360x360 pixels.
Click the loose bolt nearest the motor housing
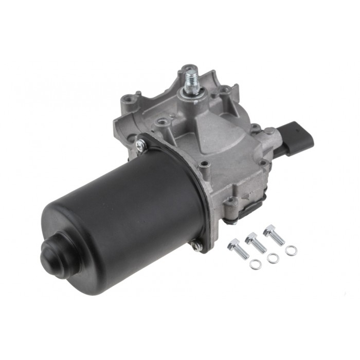238,248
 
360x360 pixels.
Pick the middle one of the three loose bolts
256,243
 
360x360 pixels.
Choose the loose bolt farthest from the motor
274,235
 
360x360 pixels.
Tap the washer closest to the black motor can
255,264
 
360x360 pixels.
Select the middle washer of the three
273,258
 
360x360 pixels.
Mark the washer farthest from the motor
291,250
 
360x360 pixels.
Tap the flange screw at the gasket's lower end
197,247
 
